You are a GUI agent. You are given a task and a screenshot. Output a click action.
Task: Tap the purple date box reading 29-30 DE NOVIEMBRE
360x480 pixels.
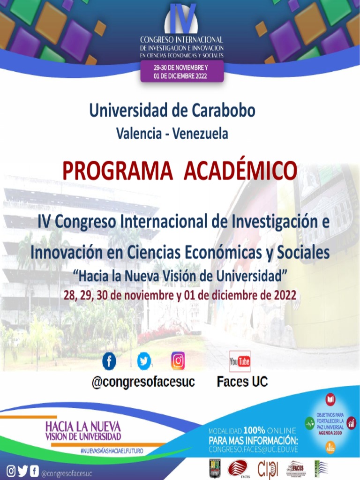tap(181, 72)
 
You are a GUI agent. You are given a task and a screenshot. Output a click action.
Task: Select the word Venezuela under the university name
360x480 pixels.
tap(200, 134)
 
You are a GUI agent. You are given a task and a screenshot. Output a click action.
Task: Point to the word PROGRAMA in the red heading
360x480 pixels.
tap(117, 172)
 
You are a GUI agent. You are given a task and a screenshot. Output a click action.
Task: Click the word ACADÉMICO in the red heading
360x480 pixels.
tap(240, 172)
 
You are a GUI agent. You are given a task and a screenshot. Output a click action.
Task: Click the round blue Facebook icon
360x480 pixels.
tap(109, 360)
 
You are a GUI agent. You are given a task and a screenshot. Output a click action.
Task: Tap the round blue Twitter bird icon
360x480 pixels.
tap(144, 360)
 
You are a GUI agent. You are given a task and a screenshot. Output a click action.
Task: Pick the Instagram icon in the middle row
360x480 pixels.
tap(178, 360)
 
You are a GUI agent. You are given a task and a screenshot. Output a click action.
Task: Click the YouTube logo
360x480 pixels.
tap(240, 361)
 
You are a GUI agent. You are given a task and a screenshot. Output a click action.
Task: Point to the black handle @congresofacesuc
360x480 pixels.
tap(143, 382)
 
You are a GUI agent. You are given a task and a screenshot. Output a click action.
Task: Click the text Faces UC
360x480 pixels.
tap(242, 382)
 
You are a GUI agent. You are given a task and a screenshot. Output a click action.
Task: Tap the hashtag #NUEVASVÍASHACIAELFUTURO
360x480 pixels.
tap(112, 450)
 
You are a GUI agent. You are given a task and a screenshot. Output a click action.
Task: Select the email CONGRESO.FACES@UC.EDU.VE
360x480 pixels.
tap(253, 449)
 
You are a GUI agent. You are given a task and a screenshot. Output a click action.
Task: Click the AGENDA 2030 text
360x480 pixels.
tap(330, 434)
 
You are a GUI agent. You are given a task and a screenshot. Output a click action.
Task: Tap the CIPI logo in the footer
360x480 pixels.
tap(268, 469)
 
